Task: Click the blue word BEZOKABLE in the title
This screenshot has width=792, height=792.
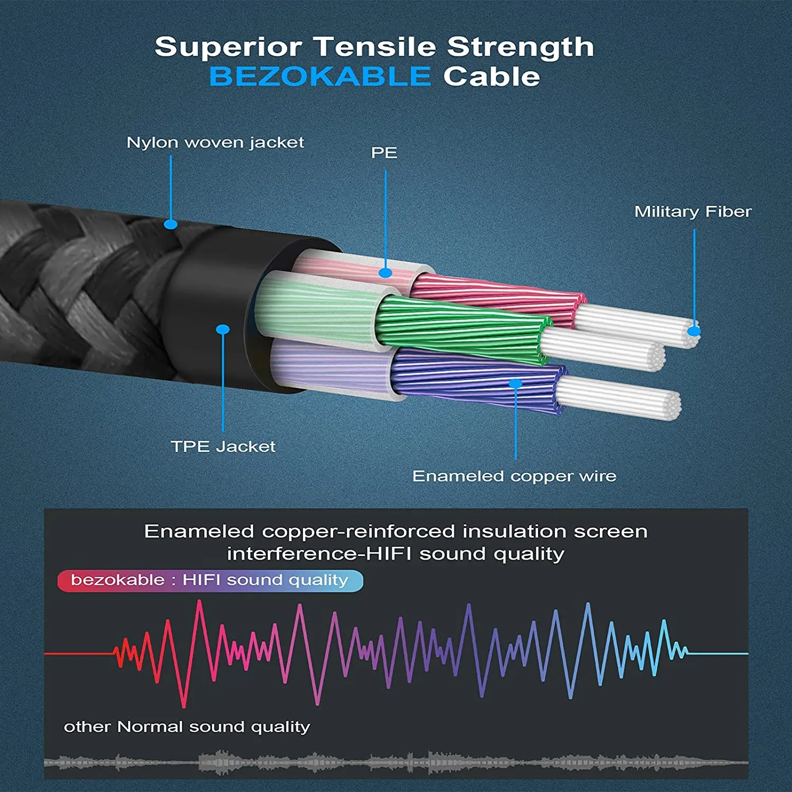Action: coord(320,77)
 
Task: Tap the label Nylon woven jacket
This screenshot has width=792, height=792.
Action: coord(215,143)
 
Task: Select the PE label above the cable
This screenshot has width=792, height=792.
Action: coord(384,153)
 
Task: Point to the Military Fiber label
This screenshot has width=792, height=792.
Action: coord(693,212)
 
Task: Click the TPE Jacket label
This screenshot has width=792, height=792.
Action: coord(223,447)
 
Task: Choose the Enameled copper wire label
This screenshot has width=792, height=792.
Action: coord(514,476)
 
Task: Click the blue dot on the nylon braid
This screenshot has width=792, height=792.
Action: coord(171,224)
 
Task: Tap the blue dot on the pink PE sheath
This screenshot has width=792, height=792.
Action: coord(385,273)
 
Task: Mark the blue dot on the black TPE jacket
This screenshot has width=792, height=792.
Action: coord(223,329)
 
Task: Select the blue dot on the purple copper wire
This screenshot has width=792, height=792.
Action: coord(515,383)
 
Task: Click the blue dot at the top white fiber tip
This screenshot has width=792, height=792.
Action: coord(694,332)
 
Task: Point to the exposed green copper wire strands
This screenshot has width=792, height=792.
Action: coord(459,327)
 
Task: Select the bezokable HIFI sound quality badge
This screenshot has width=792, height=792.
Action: coord(210,580)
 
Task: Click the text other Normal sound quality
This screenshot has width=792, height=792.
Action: coord(187,727)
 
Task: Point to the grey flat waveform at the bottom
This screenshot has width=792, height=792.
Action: coord(396,762)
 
